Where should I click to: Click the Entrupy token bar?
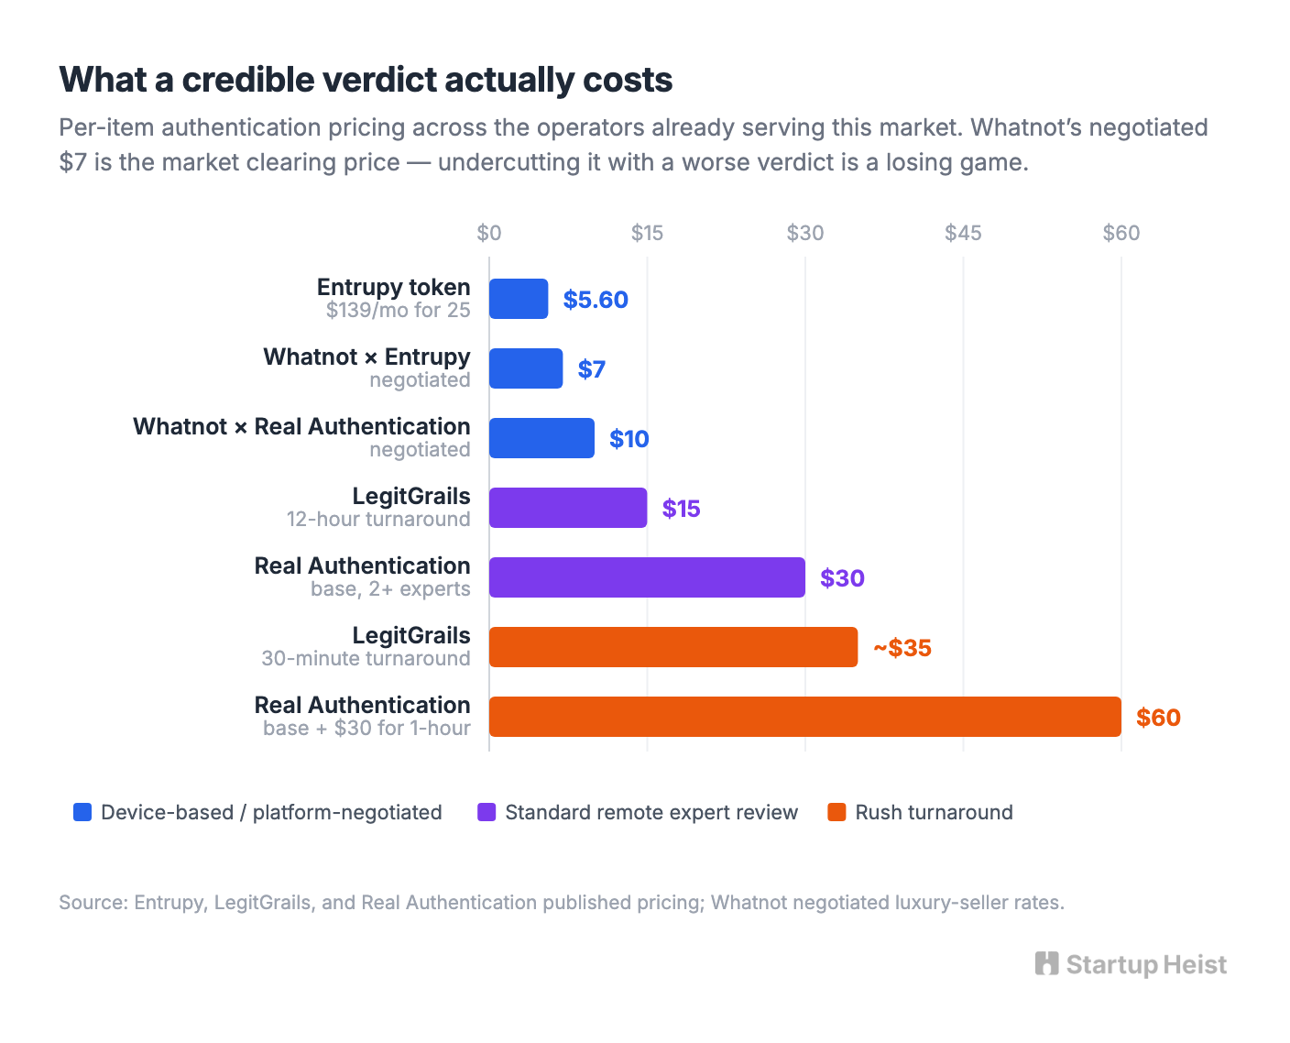(x=518, y=299)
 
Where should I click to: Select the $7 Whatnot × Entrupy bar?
(x=526, y=368)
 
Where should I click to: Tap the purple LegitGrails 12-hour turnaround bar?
(x=567, y=508)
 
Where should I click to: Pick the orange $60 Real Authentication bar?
(x=805, y=717)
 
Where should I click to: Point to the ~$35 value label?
(x=902, y=647)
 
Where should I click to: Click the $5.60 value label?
(x=596, y=299)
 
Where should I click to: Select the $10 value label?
(x=629, y=438)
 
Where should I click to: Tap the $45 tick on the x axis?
(x=963, y=233)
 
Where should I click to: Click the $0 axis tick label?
(x=488, y=233)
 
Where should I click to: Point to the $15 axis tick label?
(x=647, y=233)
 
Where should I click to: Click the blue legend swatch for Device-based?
(x=82, y=812)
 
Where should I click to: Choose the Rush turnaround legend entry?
(x=920, y=812)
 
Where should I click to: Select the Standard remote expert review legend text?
(x=651, y=812)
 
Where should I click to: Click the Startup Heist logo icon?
(x=1046, y=963)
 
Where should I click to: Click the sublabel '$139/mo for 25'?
(x=398, y=310)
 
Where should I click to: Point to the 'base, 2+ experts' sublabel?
(x=390, y=588)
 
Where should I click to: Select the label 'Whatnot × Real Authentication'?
(x=301, y=426)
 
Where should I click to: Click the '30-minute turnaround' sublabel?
(x=366, y=658)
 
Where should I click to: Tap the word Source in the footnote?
(x=93, y=902)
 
